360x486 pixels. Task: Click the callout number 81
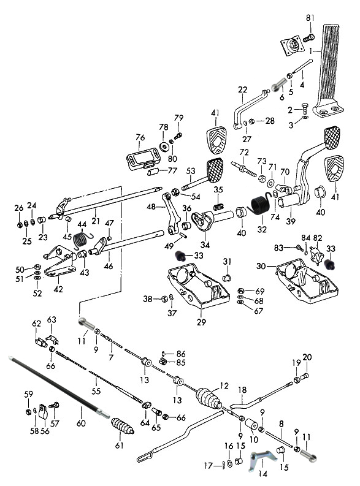point(310,18)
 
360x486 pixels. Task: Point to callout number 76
point(140,137)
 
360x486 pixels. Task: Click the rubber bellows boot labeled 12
point(209,398)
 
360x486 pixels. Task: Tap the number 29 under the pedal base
point(201,322)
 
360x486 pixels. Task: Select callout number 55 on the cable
point(96,391)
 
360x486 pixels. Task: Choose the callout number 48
point(151,206)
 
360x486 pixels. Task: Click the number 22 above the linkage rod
point(242,89)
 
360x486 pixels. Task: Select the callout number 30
point(261,266)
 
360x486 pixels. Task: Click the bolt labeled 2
point(304,108)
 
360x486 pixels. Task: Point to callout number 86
point(181,354)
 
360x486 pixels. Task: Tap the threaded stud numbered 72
point(243,170)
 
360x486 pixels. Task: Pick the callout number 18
point(242,390)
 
